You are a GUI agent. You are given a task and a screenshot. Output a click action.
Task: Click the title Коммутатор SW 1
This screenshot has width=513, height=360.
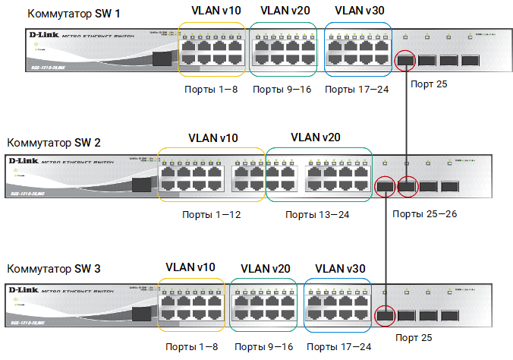point(65,14)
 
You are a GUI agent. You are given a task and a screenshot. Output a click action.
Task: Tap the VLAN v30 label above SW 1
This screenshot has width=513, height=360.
point(357,11)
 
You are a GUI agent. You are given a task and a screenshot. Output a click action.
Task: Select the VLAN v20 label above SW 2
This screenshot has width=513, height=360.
point(316,137)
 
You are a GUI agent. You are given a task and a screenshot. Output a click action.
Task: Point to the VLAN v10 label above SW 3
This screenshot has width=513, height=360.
point(190,267)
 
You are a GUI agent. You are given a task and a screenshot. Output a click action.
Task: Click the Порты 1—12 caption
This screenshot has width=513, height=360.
point(212,215)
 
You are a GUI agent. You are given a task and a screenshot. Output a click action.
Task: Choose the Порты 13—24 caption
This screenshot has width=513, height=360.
point(317,215)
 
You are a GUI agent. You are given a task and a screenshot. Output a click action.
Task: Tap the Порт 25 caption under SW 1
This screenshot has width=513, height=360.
point(428,84)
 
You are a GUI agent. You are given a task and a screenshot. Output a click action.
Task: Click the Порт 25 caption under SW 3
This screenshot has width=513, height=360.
point(417,336)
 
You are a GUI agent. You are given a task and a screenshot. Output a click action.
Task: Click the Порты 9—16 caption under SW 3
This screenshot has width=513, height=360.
point(266,347)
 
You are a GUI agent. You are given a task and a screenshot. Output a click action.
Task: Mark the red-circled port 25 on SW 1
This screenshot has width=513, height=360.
point(405,60)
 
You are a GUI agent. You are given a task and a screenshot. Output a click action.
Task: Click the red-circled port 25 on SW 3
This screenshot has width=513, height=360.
point(386,315)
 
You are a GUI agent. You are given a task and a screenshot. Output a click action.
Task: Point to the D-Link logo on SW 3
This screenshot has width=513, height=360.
point(24,290)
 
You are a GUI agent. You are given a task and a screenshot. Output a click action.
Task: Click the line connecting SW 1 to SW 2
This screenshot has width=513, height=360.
point(408,122)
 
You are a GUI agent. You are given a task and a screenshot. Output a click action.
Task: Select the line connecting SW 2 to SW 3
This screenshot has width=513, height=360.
point(387,251)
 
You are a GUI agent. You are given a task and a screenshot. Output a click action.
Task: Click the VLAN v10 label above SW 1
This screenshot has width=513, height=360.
point(212,11)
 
